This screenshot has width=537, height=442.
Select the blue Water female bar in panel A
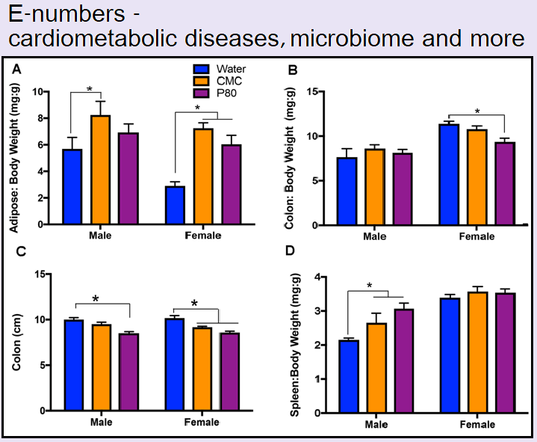(x=175, y=206)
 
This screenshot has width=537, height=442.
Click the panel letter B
(x=294, y=71)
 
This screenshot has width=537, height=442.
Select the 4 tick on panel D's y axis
(x=318, y=277)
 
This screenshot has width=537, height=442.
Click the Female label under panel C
(x=202, y=422)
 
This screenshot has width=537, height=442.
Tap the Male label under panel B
(x=375, y=236)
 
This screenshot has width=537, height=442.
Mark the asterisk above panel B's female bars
(x=477, y=112)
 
